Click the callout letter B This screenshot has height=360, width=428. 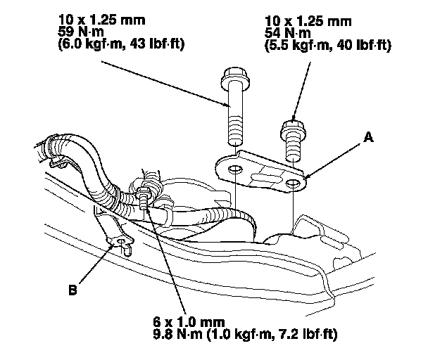tap(73, 288)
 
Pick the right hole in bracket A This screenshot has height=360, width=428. tap(291, 184)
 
